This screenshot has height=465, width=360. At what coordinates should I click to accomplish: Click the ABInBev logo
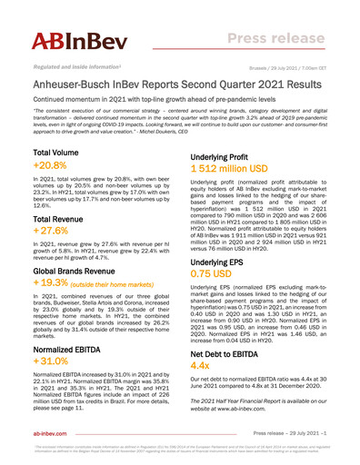tap(74, 41)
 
